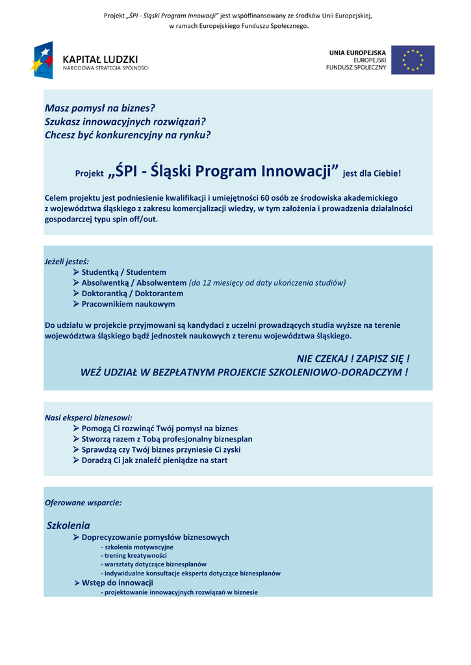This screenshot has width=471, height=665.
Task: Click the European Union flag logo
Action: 416,60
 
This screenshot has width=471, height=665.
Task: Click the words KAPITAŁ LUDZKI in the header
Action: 100,59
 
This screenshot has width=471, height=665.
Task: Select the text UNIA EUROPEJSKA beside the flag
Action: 357,53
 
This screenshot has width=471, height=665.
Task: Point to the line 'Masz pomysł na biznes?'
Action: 100,108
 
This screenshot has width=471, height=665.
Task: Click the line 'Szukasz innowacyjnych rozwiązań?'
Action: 125,121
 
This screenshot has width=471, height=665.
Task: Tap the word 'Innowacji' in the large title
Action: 300,171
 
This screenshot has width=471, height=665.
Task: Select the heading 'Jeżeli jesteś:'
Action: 67,261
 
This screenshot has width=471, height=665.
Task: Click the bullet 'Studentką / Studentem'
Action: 123,272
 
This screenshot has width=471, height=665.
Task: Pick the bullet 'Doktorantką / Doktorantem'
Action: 132,294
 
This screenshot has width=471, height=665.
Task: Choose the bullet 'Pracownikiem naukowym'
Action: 128,304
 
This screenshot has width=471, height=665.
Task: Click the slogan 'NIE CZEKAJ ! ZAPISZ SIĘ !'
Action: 353,358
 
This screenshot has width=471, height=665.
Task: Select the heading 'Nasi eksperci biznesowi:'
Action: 88,418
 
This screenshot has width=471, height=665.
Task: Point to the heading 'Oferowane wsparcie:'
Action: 83,502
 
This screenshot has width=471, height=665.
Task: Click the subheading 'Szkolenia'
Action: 69,525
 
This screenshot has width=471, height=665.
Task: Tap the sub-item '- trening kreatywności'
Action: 135,556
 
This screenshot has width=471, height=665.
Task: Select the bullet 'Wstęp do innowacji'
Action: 117,583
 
